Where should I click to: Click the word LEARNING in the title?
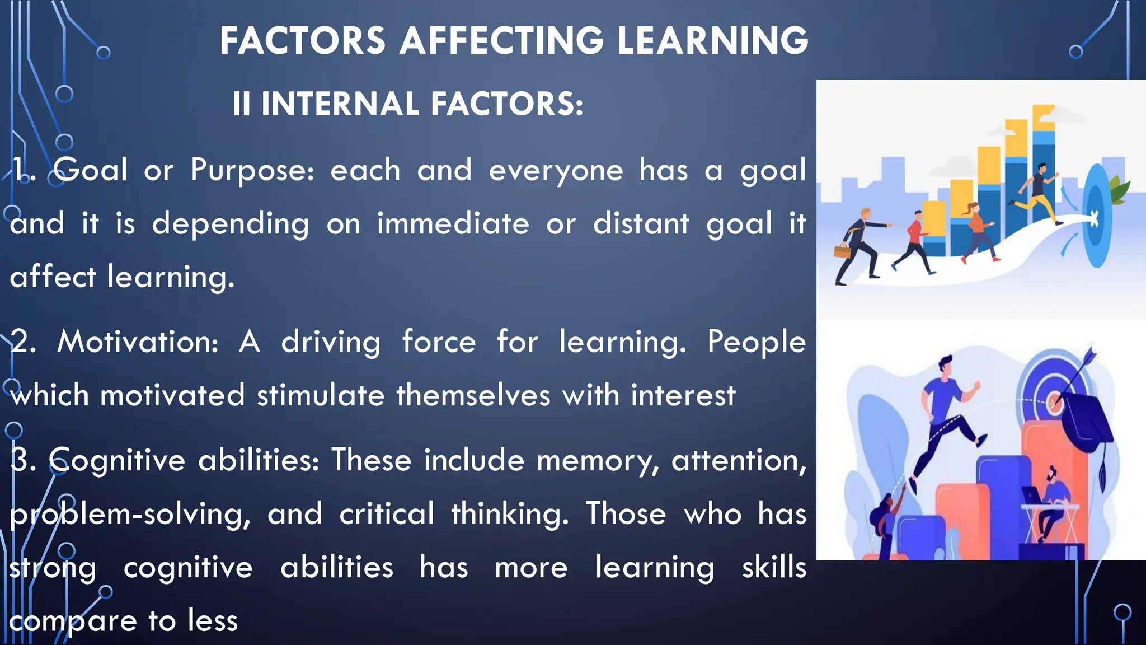click(712, 41)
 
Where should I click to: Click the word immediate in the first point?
click(453, 223)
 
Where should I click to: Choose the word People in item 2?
click(756, 342)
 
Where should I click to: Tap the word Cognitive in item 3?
click(117, 460)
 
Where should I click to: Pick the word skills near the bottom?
click(774, 567)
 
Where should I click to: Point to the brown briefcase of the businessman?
click(841, 250)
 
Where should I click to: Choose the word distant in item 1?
click(641, 223)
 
